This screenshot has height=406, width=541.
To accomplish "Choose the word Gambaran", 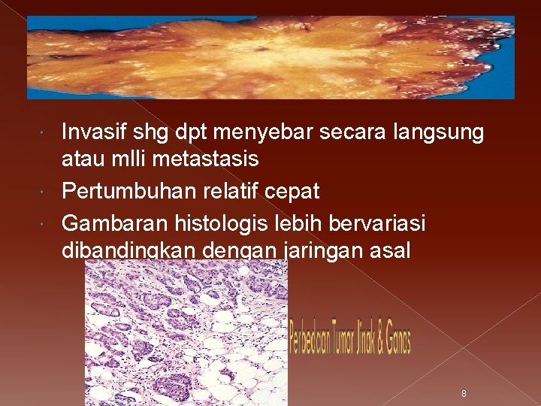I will click(x=114, y=223).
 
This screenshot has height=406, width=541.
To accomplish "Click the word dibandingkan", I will click(x=128, y=250).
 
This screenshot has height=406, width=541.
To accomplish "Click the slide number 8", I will click(x=464, y=393).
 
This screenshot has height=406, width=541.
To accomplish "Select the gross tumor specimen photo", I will click(x=270, y=58).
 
